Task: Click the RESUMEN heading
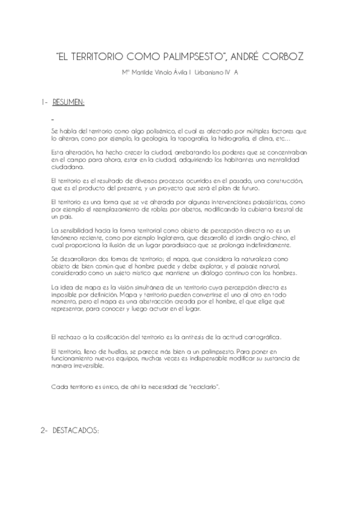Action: click(x=69, y=102)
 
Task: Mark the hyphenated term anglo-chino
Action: click(x=264, y=239)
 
